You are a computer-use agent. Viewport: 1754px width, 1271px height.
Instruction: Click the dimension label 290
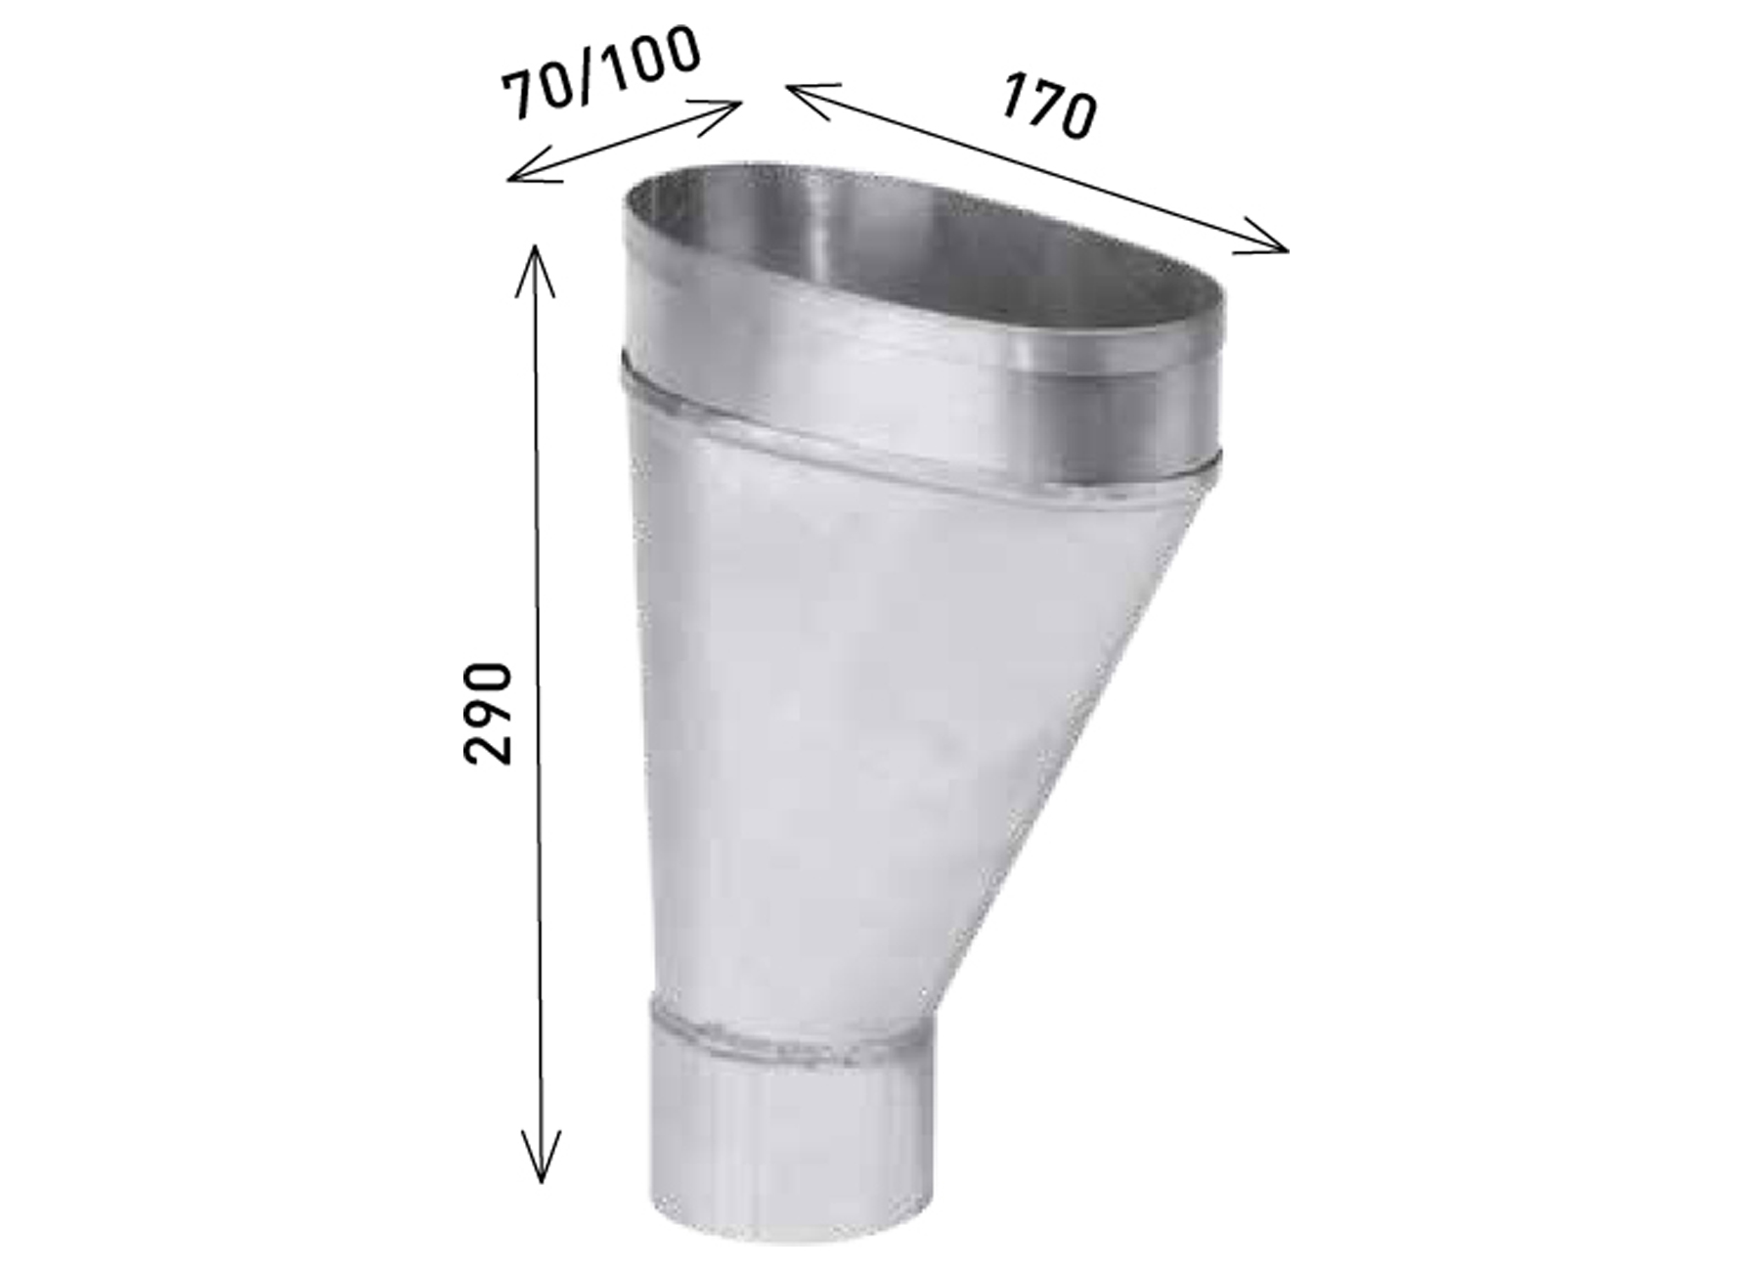tap(488, 713)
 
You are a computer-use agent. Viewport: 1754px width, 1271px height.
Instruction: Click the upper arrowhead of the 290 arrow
tap(535, 269)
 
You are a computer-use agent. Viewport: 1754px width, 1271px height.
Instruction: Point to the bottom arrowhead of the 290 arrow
tap(541, 1157)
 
